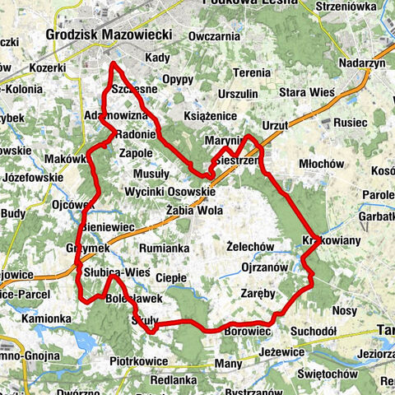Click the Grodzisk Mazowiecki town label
(109, 35)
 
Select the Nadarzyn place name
(363, 63)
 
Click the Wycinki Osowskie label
(170, 191)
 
